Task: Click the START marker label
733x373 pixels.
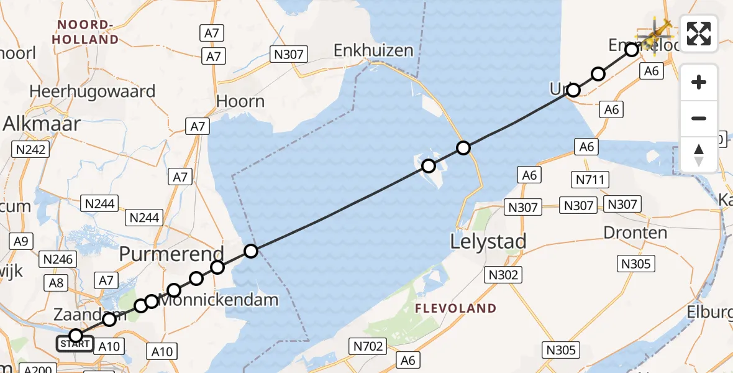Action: click(75, 343)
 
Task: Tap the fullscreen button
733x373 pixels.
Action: click(699, 33)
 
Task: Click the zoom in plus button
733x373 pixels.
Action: click(699, 82)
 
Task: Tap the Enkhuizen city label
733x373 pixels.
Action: click(373, 50)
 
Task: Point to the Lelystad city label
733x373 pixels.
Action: click(489, 241)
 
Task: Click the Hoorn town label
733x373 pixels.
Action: click(240, 101)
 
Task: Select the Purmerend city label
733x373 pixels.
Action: click(171, 254)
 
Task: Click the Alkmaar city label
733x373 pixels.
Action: click(42, 124)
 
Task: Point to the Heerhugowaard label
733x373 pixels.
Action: click(92, 91)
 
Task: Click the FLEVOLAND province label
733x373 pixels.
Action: click(455, 308)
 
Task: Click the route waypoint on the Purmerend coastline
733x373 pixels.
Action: click(250, 251)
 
